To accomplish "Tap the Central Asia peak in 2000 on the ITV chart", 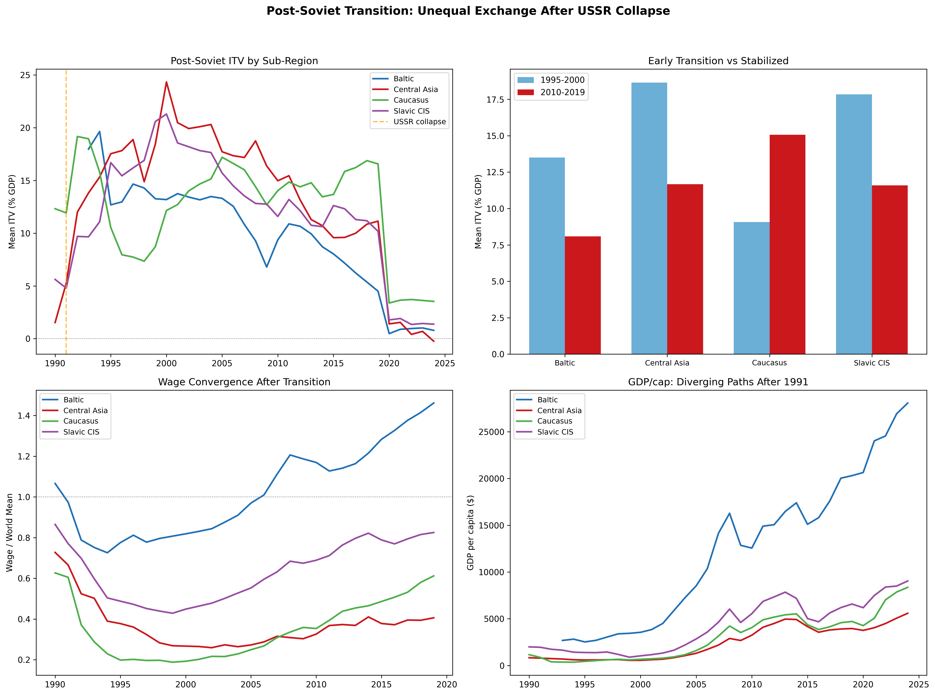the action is tap(166, 82).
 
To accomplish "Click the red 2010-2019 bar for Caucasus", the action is tap(787, 244).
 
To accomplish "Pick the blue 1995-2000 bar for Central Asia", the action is tap(649, 218).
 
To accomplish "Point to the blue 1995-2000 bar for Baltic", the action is tap(547, 256).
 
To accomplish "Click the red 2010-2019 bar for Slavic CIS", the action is tap(889, 270).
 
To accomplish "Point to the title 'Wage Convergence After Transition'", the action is tap(244, 382).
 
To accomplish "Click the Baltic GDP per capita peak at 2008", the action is tap(729, 513).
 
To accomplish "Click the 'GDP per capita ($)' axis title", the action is tap(471, 533).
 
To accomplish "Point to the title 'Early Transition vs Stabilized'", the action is tap(718, 61).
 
